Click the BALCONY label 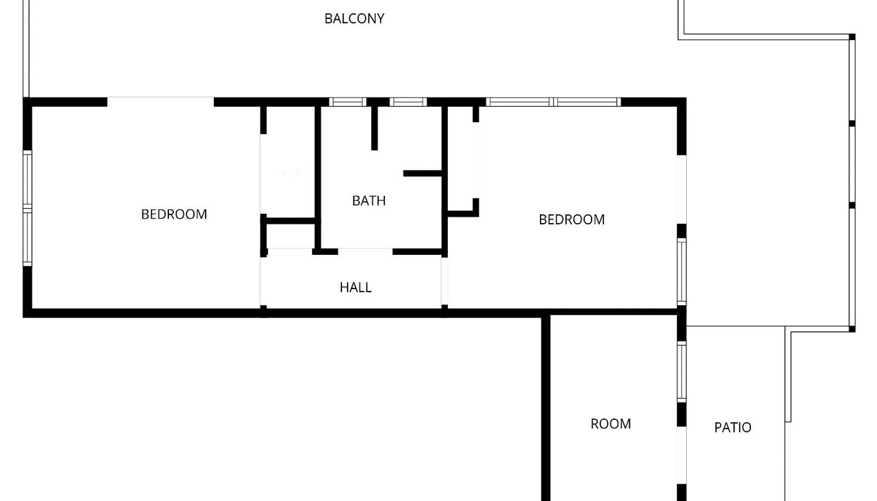pyautogui.click(x=354, y=19)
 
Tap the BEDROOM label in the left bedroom pyautogui.click(x=174, y=214)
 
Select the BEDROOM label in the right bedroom pyautogui.click(x=572, y=220)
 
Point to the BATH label pyautogui.click(x=369, y=201)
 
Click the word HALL pyautogui.click(x=356, y=288)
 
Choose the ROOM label pyautogui.click(x=611, y=424)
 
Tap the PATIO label pyautogui.click(x=732, y=428)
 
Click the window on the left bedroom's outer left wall pyautogui.click(x=27, y=208)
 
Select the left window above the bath pyautogui.click(x=348, y=102)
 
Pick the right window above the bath pyautogui.click(x=408, y=102)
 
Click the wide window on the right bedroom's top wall pyautogui.click(x=553, y=102)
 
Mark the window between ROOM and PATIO pyautogui.click(x=682, y=372)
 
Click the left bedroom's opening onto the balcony pyautogui.click(x=161, y=102)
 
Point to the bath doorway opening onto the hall pyautogui.click(x=365, y=251)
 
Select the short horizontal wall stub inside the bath pyautogui.click(x=423, y=173)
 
